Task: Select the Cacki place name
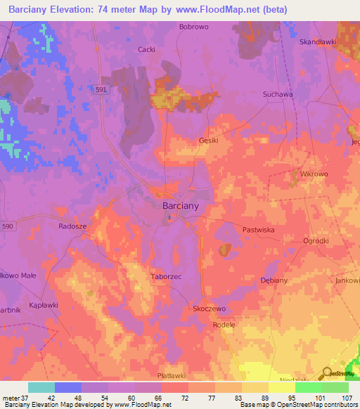[146, 49]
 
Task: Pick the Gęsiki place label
[209, 141]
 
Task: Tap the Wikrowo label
[314, 173]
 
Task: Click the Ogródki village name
[316, 241]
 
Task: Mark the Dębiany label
[274, 280]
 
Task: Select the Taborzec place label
[166, 277]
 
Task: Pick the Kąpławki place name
[44, 298]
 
